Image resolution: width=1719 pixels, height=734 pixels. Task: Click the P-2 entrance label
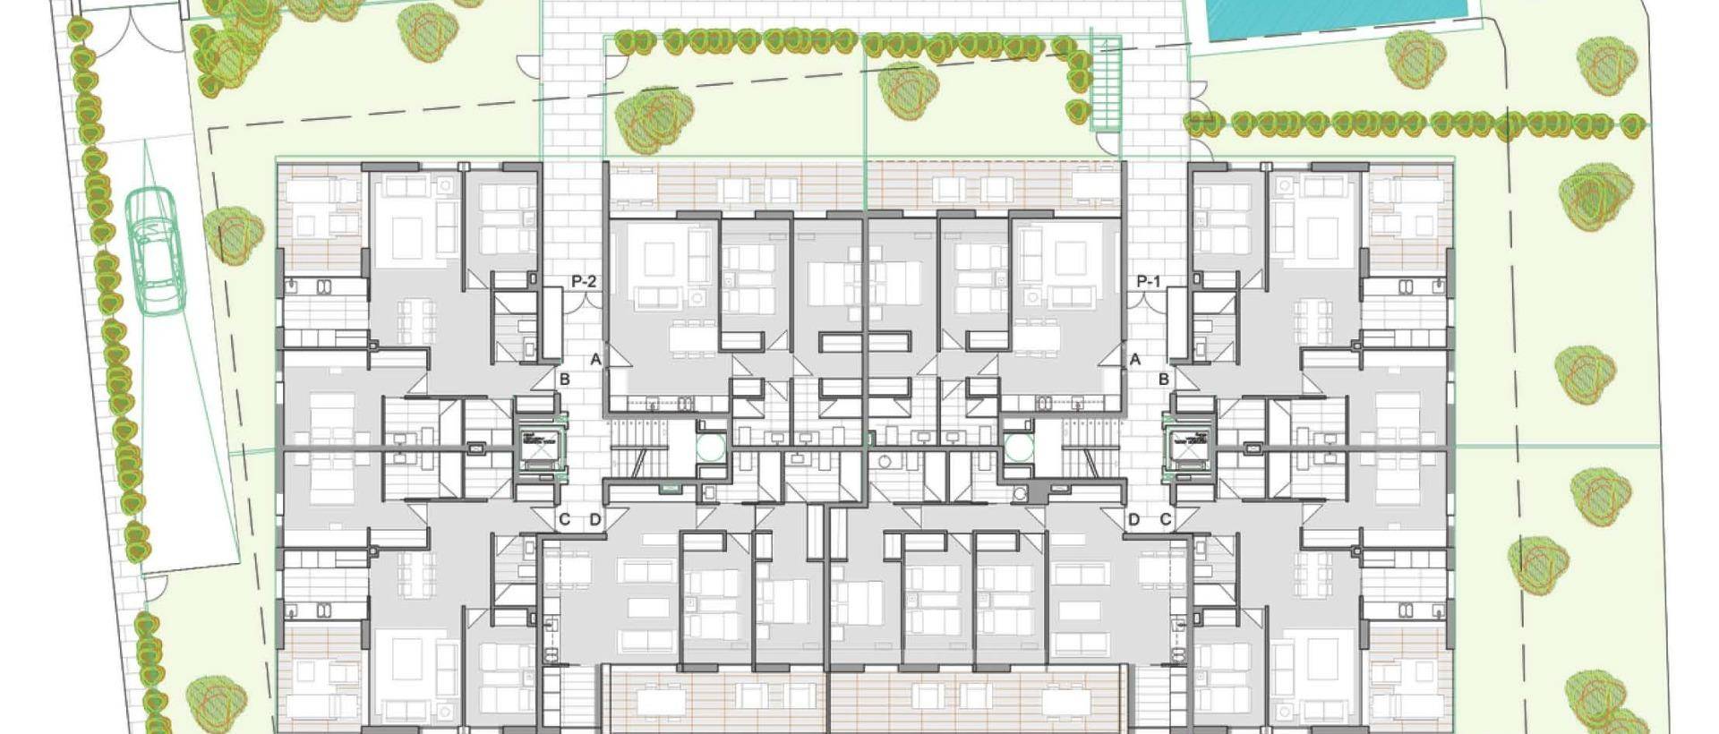tap(583, 281)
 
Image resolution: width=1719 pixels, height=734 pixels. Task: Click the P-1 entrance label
tap(1148, 281)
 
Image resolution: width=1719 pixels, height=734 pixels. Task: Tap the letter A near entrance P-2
tap(595, 360)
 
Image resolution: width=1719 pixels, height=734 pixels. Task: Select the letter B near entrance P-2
tap(565, 380)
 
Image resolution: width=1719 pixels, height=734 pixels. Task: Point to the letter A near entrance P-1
tap(1135, 360)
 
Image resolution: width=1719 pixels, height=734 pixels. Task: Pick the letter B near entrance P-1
tap(1164, 380)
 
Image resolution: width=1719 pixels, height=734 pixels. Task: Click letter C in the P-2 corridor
tap(564, 519)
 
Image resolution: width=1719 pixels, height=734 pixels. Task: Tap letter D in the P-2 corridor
tap(594, 519)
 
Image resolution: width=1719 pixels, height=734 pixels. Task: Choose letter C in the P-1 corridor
tap(1166, 519)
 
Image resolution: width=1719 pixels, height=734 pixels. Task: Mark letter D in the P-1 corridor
tap(1134, 519)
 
